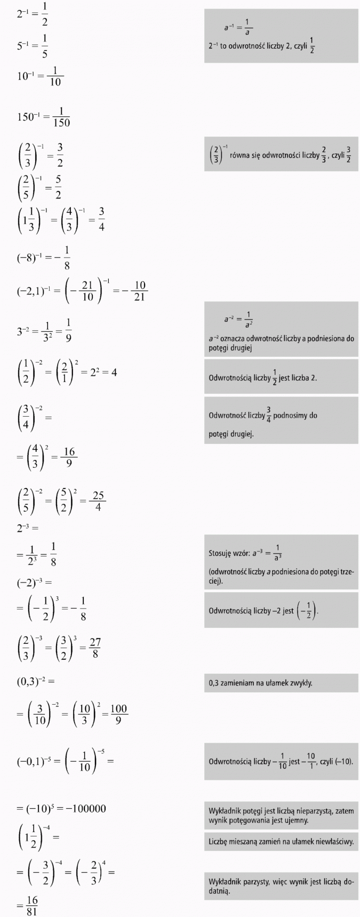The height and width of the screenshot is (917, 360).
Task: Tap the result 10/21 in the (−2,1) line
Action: pos(139,291)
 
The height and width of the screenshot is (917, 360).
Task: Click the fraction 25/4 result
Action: pos(98,501)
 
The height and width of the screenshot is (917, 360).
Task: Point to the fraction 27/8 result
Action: pos(95,649)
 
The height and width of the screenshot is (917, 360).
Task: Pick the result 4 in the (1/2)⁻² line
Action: pos(114,372)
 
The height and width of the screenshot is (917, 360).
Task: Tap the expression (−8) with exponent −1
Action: pos(29,257)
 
